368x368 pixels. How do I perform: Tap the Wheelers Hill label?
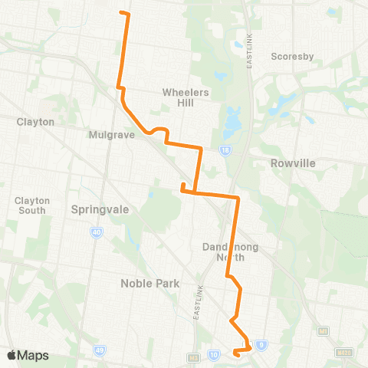click(182, 97)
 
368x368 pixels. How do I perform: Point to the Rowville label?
click(293, 163)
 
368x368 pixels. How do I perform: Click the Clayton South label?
click(32, 205)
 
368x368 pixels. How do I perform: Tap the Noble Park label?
click(149, 283)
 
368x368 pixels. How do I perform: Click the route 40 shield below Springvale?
click(97, 233)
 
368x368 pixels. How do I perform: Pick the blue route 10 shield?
click(214, 354)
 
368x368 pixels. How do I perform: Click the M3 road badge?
click(194, 357)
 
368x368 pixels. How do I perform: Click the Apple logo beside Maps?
click(13, 355)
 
